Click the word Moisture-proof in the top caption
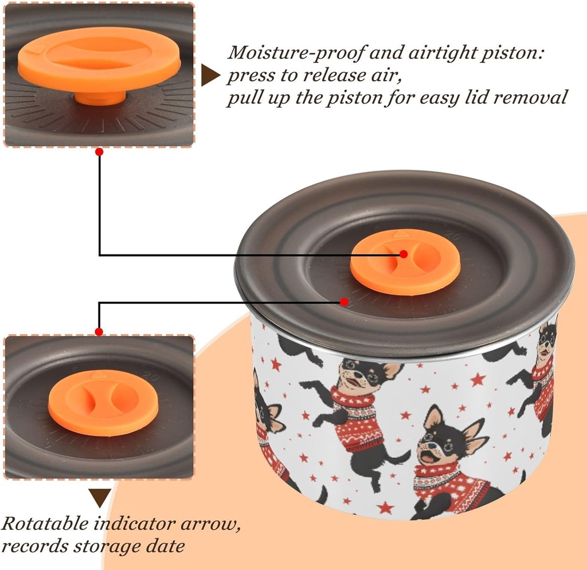pyautogui.click(x=295, y=52)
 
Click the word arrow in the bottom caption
pyautogui.click(x=210, y=524)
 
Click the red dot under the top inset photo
pyautogui.click(x=99, y=152)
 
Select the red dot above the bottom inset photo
pyautogui.click(x=99, y=332)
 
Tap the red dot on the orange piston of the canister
pyautogui.click(x=404, y=254)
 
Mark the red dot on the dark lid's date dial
pyautogui.click(x=344, y=301)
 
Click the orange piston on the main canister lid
pyautogui.click(x=405, y=262)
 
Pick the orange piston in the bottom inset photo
pyautogui.click(x=103, y=403)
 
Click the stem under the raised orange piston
pyautogui.click(x=100, y=99)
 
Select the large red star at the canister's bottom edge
pyautogui.click(x=385, y=508)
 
